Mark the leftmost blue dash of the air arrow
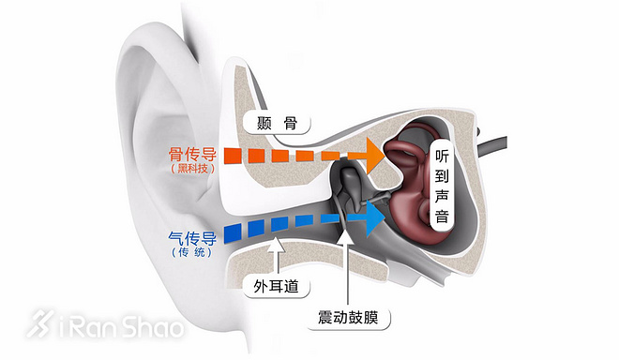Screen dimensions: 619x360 pyautogui.click(x=234, y=231)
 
